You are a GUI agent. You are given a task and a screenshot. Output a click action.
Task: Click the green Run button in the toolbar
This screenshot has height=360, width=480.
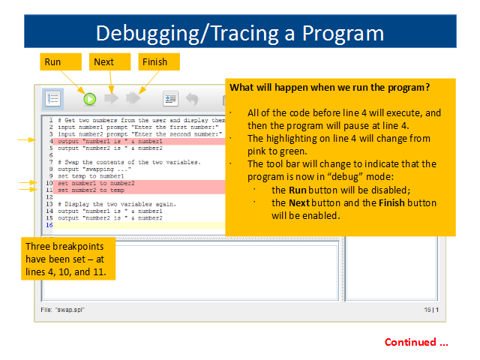pos(90,99)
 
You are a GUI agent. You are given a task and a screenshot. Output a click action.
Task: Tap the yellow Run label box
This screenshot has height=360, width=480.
pos(61,61)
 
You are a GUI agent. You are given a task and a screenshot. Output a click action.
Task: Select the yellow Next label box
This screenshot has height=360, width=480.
pos(110,61)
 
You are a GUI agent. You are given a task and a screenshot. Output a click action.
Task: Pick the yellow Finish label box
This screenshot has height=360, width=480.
pos(159,61)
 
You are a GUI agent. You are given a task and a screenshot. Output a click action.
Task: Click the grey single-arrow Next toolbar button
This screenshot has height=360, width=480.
pos(112,98)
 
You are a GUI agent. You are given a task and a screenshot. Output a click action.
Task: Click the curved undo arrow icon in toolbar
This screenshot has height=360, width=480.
pos(192,99)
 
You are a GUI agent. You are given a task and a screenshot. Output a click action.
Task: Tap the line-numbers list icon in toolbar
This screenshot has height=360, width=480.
pos(52,98)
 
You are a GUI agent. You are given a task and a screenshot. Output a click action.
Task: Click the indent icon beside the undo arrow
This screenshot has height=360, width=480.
pos(170,98)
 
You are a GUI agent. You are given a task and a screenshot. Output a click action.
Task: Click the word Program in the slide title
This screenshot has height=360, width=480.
pos(343,34)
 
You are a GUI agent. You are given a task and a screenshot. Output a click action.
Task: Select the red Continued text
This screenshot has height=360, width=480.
pos(416,342)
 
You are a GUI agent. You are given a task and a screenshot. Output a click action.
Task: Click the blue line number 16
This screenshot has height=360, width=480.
pos(49,225)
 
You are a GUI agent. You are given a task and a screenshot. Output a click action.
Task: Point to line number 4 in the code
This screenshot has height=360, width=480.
pos(51,141)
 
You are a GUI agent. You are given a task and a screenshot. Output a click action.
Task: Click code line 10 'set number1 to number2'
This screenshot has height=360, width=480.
pos(96,183)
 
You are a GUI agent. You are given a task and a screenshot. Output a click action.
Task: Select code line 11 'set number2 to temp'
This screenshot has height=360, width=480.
pos(91,190)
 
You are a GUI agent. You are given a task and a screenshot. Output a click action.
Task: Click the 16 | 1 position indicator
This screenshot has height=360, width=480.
pos(431,310)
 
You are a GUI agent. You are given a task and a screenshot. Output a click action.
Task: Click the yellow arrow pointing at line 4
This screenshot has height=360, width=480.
pos(27,140)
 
